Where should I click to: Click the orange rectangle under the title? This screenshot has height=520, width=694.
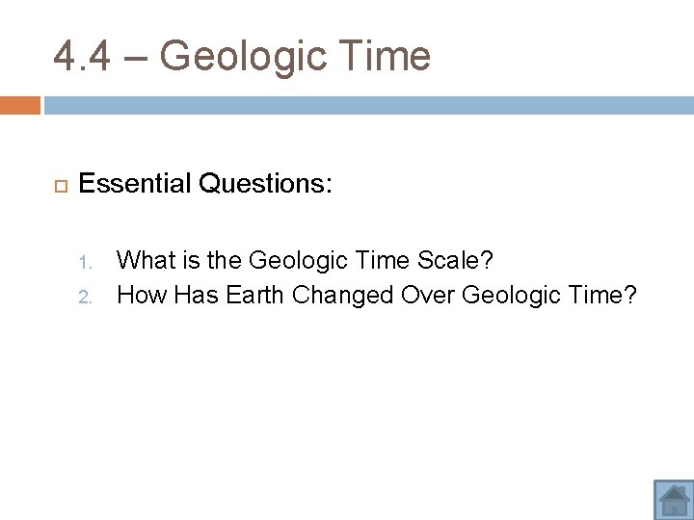tap(19, 105)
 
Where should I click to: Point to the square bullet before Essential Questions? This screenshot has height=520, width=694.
tap(58, 183)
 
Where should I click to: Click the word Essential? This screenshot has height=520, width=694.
tap(135, 183)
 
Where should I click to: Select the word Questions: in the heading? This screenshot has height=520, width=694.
tap(266, 183)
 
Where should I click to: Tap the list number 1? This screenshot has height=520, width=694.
tap(85, 262)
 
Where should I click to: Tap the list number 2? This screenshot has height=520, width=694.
tap(85, 296)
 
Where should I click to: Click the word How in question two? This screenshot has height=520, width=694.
tap(142, 295)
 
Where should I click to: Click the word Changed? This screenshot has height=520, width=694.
tap(342, 295)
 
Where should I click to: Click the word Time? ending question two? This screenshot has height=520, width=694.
tap(601, 295)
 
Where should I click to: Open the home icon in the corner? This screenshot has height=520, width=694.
tap(673, 499)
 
